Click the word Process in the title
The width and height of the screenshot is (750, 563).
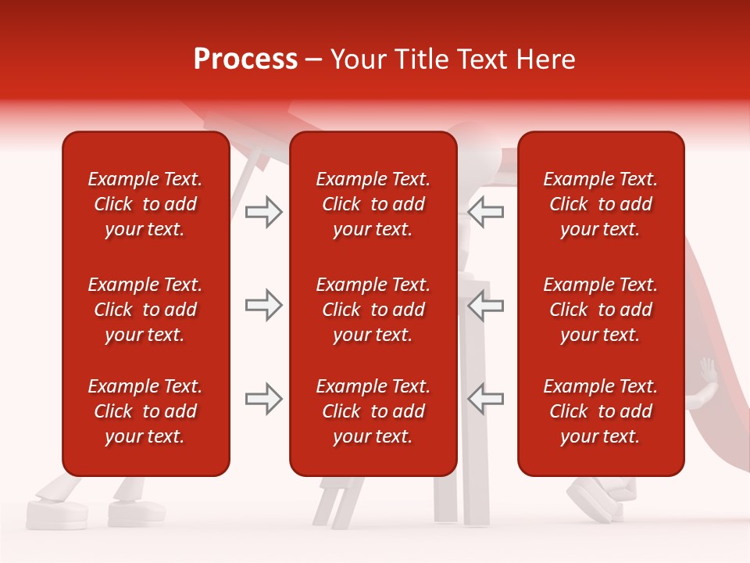point(245,59)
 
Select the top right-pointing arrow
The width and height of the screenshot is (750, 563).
point(263,212)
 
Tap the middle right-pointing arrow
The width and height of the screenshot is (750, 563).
point(263,305)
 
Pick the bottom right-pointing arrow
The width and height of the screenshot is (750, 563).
point(263,399)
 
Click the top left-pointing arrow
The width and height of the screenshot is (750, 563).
point(485,212)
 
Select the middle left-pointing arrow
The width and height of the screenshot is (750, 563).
point(485,305)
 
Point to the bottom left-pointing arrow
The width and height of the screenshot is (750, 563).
point(485,399)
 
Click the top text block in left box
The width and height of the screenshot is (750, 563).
point(145,204)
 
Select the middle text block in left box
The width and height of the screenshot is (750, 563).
point(145,310)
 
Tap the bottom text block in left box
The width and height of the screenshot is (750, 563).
point(145,411)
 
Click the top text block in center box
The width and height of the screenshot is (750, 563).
point(373,204)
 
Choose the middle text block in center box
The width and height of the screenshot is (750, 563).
point(373,310)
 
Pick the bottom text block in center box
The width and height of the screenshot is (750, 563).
point(373,411)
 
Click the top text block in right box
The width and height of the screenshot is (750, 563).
point(600,204)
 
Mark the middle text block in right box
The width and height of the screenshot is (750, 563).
point(600,310)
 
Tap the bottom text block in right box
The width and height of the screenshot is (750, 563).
point(600,411)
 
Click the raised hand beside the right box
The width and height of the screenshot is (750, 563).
point(708,369)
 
